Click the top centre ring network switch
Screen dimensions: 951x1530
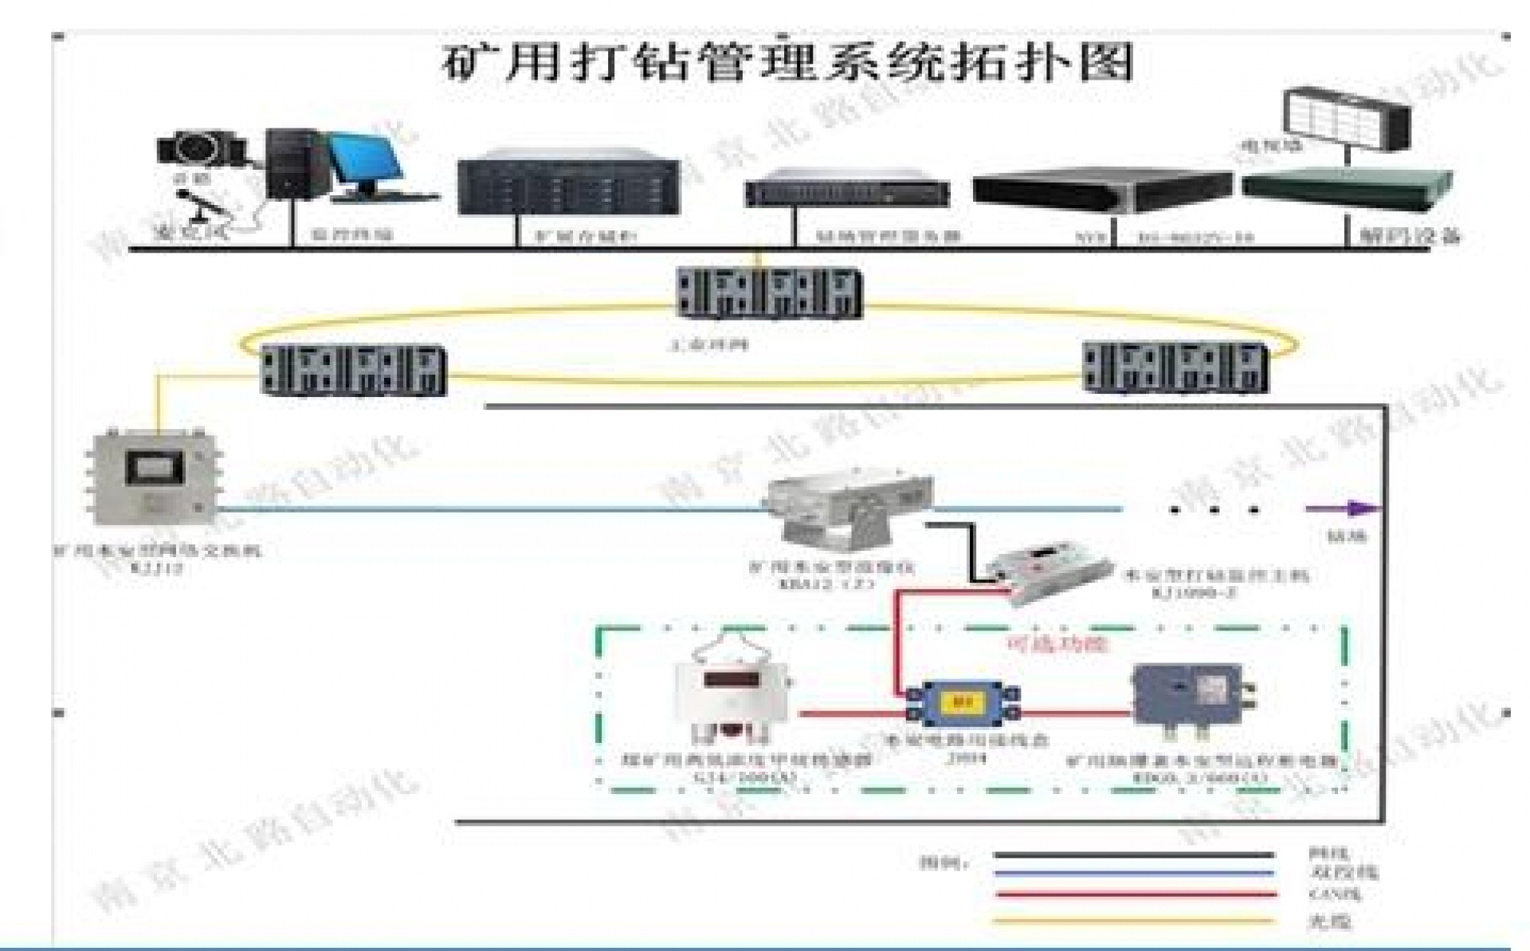[769, 293]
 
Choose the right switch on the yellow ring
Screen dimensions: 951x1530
[1175, 367]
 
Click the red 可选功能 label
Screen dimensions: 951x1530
[1058, 643]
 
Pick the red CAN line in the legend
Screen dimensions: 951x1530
[1136, 894]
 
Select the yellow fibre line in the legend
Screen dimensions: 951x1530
[1136, 921]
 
